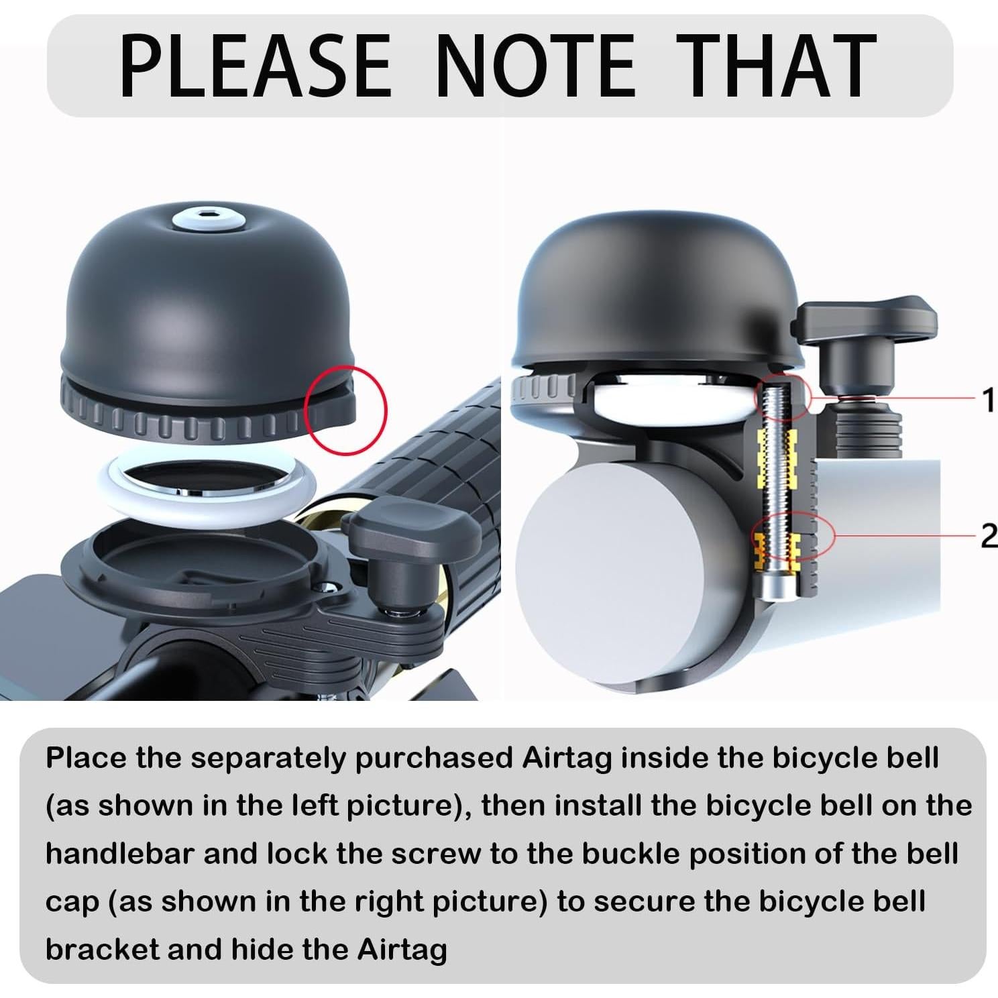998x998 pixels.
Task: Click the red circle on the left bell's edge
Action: point(346,409)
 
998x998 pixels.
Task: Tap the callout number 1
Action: point(987,400)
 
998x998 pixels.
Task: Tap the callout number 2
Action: point(987,535)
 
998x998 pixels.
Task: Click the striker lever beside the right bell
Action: point(865,319)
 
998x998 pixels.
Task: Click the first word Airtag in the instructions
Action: point(567,758)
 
